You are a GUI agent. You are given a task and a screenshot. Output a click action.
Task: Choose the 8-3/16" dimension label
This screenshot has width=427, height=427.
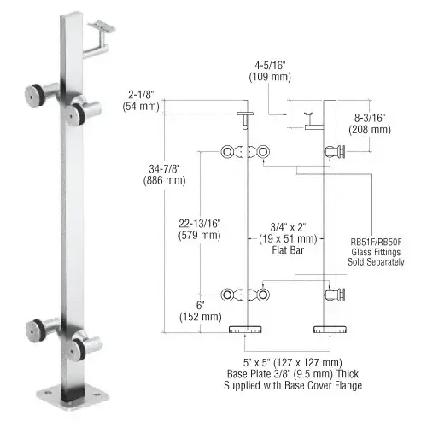pos(369,117)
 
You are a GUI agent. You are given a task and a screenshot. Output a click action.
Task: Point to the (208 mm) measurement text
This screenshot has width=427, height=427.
pos(369,130)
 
